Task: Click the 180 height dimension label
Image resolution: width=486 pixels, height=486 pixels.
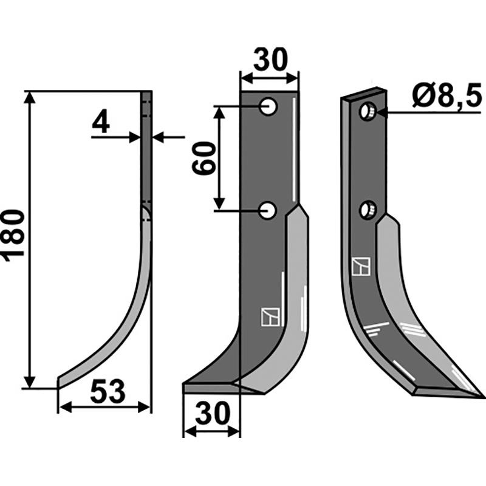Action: coord(13,236)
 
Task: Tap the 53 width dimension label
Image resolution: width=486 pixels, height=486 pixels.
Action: coord(108,391)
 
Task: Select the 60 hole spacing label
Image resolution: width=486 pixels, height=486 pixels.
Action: coord(204,158)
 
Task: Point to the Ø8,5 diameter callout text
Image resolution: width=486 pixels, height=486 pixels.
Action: coord(447,95)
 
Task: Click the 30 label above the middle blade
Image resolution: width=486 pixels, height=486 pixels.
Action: coord(270,60)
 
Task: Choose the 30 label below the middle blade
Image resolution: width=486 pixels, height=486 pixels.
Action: coord(213,413)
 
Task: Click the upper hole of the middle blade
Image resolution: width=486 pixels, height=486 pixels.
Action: coord(269,107)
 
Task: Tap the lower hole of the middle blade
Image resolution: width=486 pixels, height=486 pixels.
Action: coord(268,210)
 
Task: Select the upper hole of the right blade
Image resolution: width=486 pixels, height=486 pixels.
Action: coord(368,112)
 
